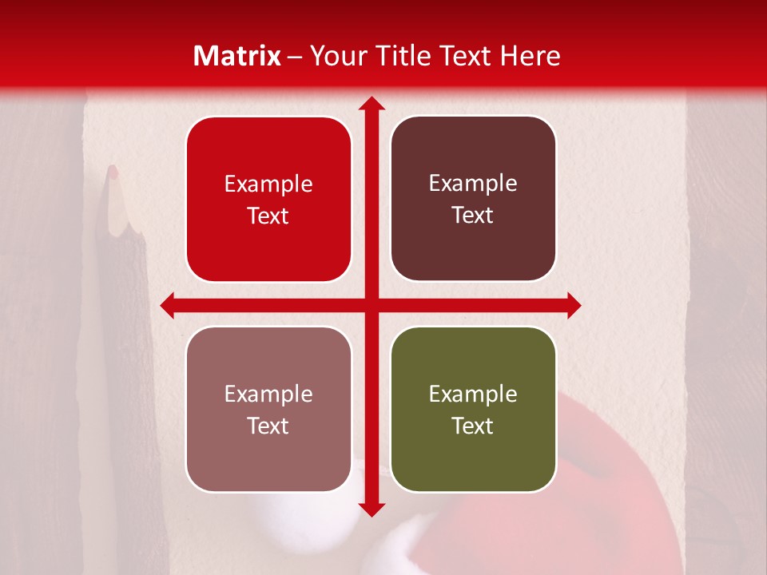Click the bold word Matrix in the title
pos(237,55)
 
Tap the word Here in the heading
pos(530,55)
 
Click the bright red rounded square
pos(268,200)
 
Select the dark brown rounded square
pos(473,199)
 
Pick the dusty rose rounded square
pos(268,409)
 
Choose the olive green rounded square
pos(473,409)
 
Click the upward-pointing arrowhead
pos(371,104)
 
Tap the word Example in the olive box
pos(473,394)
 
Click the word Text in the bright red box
pos(268,216)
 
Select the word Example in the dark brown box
pos(473,184)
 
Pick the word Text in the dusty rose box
pos(268,426)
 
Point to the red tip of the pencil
pos(113,171)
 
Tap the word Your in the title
pos(334,55)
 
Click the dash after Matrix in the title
pos(295,57)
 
